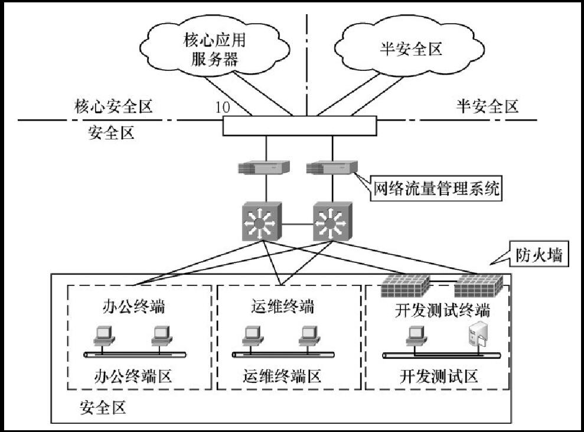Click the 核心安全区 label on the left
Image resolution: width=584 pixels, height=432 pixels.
(113, 106)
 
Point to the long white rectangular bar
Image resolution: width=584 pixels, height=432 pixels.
(299, 125)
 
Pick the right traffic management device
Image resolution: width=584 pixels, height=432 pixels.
(331, 167)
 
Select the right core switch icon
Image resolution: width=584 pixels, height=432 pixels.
(332, 222)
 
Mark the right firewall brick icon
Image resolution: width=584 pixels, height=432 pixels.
(478, 287)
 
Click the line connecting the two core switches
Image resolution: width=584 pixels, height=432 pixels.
(298, 224)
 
